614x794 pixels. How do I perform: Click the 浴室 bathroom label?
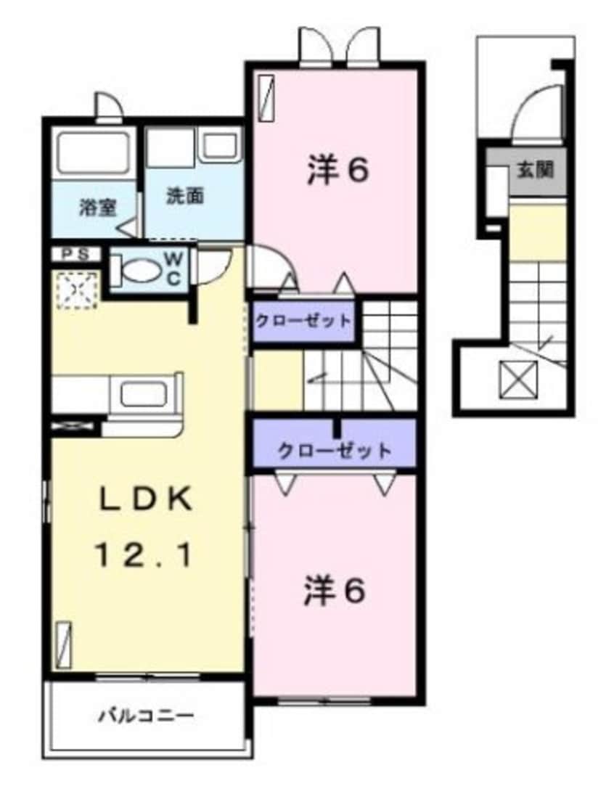pyautogui.click(x=97, y=207)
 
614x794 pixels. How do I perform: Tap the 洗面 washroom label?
pyautogui.click(x=185, y=195)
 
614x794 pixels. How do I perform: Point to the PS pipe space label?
pyautogui.click(x=75, y=254)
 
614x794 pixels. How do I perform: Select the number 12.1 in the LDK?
pyautogui.click(x=145, y=557)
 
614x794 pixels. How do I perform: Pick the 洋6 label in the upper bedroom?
pyautogui.click(x=338, y=171)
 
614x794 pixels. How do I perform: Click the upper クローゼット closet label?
pyautogui.click(x=303, y=320)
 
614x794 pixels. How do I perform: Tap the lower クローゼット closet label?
pyautogui.click(x=335, y=450)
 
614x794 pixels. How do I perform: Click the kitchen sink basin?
pyautogui.click(x=144, y=394)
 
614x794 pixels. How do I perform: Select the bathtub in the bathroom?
pyautogui.click(x=93, y=152)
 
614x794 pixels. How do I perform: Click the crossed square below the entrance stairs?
pyautogui.click(x=518, y=379)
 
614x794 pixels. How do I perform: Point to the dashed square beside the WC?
pyautogui.click(x=75, y=290)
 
